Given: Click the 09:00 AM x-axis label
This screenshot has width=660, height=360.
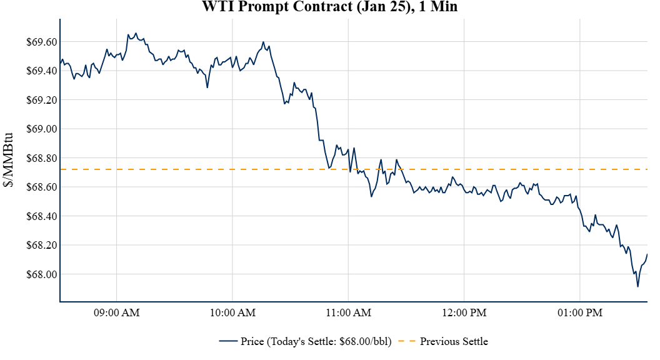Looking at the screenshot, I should [117, 312].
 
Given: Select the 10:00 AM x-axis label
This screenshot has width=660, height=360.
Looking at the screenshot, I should [232, 312].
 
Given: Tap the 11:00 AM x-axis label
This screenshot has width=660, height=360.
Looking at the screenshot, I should [348, 312].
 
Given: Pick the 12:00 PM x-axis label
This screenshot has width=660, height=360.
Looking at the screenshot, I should [464, 312].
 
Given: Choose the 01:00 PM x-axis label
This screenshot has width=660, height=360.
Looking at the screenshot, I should [579, 312].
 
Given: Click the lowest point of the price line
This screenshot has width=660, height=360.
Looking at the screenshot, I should [637, 286].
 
